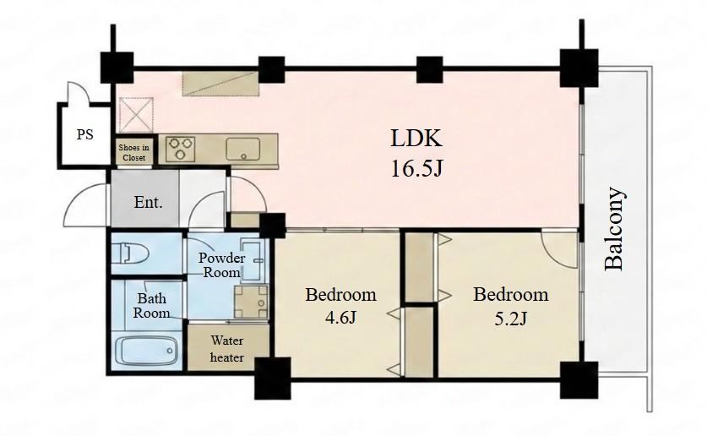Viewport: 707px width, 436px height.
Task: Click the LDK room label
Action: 416,139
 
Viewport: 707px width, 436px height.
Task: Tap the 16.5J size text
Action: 417,169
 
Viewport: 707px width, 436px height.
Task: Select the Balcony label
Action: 615,229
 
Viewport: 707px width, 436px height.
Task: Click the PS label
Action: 84,134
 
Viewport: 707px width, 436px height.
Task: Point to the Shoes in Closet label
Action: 134,152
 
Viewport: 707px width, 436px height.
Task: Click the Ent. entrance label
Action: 149,202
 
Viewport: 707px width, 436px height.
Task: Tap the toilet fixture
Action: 130,253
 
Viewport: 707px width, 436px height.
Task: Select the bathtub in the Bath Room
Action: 145,351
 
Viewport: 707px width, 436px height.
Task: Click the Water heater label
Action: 227,349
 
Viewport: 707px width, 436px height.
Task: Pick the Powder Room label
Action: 222,265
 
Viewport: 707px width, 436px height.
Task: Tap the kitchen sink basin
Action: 242,149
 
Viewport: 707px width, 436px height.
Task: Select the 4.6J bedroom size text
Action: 341,318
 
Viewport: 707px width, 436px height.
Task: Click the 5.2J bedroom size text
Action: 510,319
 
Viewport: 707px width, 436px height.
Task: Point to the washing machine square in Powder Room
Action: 251,302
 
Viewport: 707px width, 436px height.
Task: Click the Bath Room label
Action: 151,305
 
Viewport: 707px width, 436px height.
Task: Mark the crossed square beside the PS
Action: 137,115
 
